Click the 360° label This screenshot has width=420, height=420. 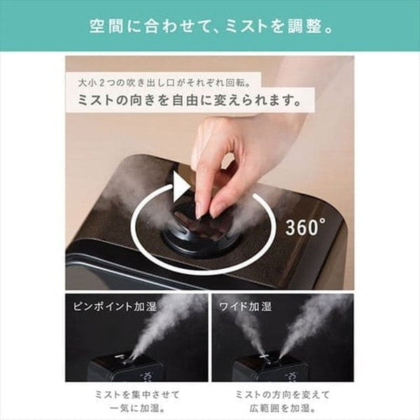point(305,226)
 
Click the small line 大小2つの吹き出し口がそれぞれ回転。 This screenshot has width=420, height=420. point(160,82)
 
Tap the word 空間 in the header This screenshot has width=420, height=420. point(104,29)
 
